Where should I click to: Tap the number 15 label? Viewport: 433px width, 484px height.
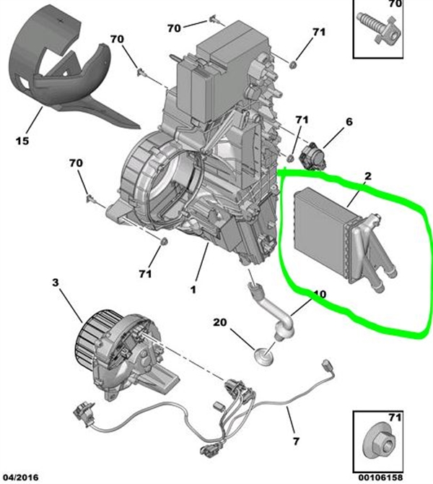click(x=22, y=140)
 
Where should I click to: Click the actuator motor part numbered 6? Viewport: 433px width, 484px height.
click(x=315, y=154)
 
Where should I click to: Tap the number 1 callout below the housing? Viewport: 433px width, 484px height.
click(x=193, y=290)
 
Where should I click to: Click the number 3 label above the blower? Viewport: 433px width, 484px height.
click(x=56, y=283)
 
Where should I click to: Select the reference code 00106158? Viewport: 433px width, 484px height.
click(x=378, y=477)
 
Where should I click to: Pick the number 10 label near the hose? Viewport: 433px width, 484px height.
click(x=320, y=295)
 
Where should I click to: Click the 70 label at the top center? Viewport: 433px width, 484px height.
click(x=174, y=27)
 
